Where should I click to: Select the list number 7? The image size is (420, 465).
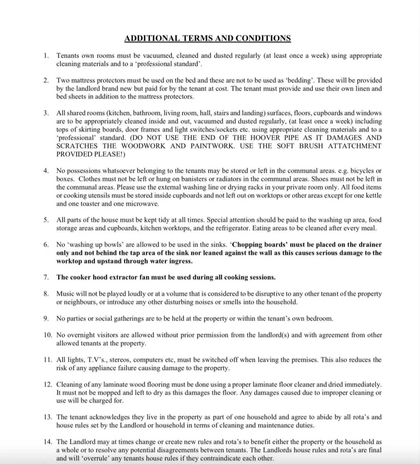(x=46, y=277)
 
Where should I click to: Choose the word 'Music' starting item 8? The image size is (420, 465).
(x=65, y=294)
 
